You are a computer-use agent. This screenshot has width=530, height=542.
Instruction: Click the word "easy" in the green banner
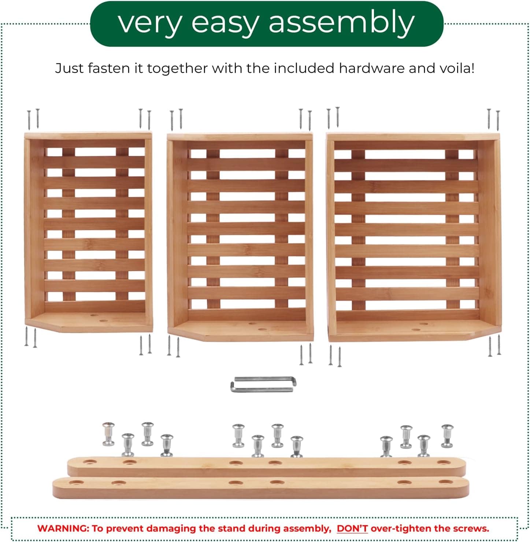coord(225,24)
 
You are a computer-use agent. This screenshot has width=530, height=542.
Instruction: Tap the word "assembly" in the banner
coord(341,23)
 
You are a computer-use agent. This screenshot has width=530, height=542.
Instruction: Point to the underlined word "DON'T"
coord(352,528)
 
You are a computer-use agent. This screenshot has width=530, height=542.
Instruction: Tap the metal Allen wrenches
coord(263,384)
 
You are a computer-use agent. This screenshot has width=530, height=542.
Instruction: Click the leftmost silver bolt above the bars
coord(109,434)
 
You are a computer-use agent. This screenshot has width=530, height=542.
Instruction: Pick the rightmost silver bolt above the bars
coord(447,436)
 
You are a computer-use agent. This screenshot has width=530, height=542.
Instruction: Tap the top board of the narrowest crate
coord(88,135)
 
